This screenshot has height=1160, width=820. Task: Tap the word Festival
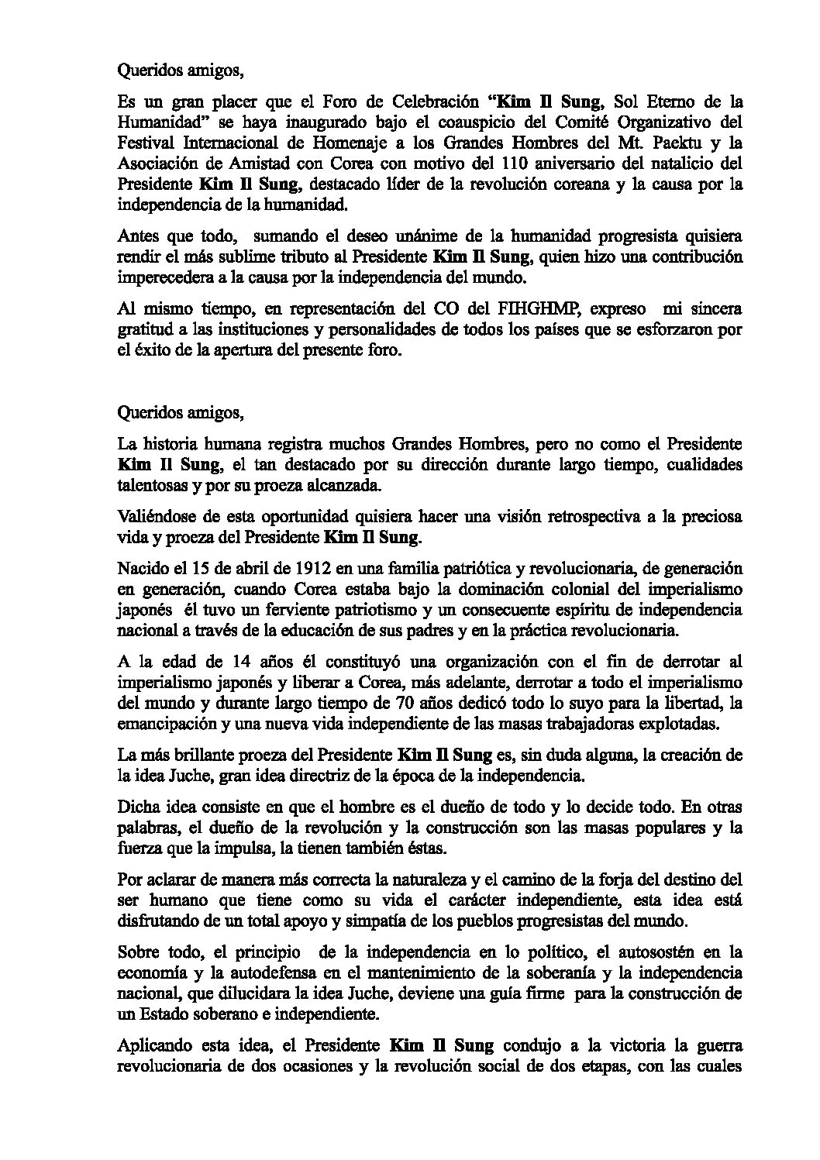pos(146,143)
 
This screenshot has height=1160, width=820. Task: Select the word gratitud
pos(143,330)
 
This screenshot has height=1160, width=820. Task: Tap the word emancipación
pos(161,724)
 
